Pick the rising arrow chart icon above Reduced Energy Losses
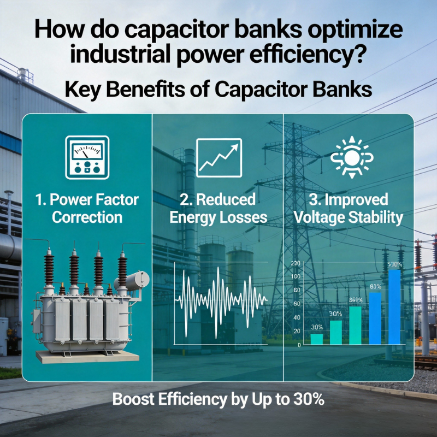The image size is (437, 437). (218, 157)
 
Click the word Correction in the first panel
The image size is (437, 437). (87, 217)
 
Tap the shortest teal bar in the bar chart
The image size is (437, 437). (317, 339)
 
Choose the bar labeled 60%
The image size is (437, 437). (375, 318)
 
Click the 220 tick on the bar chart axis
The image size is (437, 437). (296, 264)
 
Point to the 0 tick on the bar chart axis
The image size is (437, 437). (299, 345)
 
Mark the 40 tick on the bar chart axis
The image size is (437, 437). (297, 317)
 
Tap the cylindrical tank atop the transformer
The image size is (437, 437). (131, 280)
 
